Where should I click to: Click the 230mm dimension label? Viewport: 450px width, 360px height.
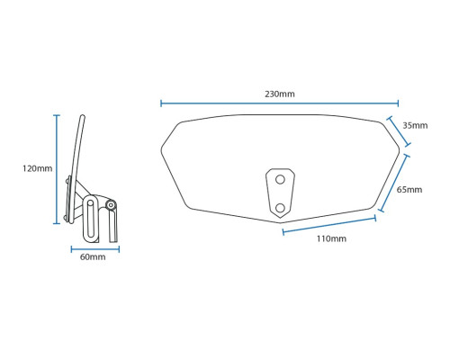pos(280,94)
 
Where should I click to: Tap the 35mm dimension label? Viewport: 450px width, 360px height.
pos(415,125)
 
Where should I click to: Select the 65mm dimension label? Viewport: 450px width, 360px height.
pos(409,190)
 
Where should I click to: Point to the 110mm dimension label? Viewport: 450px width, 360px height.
pos(331,238)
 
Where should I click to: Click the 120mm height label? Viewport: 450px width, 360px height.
pos(37,168)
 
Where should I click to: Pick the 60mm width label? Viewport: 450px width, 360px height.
pos(93,257)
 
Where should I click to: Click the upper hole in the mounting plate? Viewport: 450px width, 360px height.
pos(280,179)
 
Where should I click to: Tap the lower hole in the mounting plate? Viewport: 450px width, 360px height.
pos(280,208)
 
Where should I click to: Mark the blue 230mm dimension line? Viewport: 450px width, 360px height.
pos(280,103)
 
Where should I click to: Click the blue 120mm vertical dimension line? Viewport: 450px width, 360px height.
pos(57,169)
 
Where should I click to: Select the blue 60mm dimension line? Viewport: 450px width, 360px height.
pos(95,249)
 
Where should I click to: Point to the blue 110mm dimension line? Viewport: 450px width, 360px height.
pos(329,225)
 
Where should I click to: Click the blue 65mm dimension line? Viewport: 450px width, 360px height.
pos(394,183)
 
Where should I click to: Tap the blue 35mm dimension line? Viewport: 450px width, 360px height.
pos(399,131)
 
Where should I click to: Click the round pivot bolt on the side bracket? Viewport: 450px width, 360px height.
pos(111,205)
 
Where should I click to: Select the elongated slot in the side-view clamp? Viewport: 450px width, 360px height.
pos(91,218)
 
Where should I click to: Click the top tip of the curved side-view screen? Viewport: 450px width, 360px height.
pos(82,115)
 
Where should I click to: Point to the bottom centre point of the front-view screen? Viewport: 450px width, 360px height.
pos(280,223)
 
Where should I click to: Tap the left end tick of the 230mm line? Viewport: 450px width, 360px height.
pos(161,103)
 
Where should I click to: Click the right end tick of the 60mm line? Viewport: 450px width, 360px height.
pos(119,249)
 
